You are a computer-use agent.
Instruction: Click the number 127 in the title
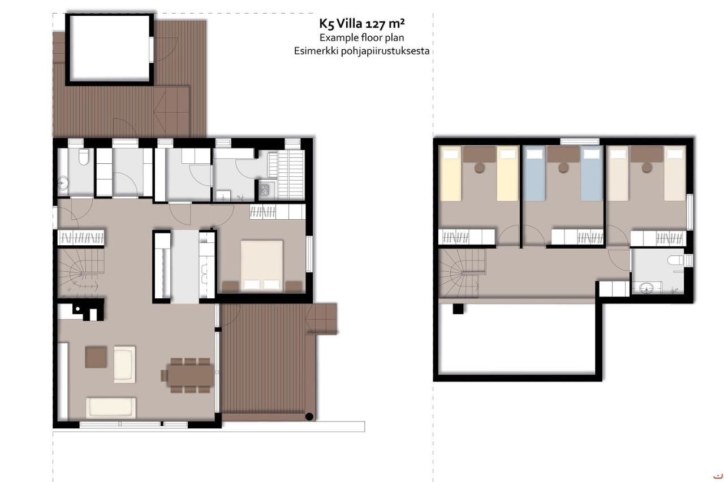pos(377,24)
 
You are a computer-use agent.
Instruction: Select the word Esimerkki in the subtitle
pos(314,51)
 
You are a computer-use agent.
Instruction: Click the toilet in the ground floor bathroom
pos(83,158)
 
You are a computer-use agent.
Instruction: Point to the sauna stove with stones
pos(264,189)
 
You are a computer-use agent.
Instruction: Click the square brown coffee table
pos(96,357)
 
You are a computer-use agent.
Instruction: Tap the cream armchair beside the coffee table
pos(124,364)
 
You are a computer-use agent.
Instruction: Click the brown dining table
pos(191,374)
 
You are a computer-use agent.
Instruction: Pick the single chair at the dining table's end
pos(163,375)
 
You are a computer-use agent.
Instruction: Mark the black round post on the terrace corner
pos(309,417)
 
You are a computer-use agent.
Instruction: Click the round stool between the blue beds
pos(562,167)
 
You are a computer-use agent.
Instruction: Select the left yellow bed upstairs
pos(451,173)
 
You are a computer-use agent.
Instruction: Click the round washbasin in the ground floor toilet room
pos(63,183)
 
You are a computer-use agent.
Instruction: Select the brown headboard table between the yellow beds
pos(479,154)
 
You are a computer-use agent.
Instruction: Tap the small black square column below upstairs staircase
pos(458,309)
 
